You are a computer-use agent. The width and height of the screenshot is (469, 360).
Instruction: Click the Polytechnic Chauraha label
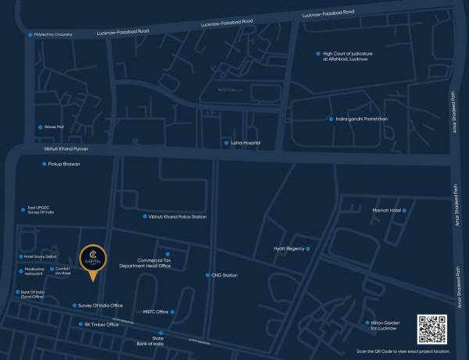tap(53, 34)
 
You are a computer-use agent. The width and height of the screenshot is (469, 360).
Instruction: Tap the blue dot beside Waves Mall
tap(41, 127)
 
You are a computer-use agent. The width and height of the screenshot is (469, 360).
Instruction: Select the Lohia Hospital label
tap(245, 143)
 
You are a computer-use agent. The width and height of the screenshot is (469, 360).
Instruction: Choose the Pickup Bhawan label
tap(64, 164)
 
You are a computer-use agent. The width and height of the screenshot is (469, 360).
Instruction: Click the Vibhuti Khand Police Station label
tap(177, 216)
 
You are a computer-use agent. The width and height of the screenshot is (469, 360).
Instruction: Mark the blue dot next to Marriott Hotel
tap(405, 210)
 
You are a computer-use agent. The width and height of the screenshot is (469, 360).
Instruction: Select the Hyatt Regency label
tap(288, 248)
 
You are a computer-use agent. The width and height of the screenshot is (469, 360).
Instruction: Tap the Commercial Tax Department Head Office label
tap(144, 263)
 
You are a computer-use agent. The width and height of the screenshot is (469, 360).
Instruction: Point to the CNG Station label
tap(224, 276)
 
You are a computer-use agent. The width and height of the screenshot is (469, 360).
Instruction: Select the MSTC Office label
tap(156, 312)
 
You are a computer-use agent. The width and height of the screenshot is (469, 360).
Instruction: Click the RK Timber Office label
tap(102, 324)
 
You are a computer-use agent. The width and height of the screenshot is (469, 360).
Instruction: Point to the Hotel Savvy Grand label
tap(41, 256)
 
